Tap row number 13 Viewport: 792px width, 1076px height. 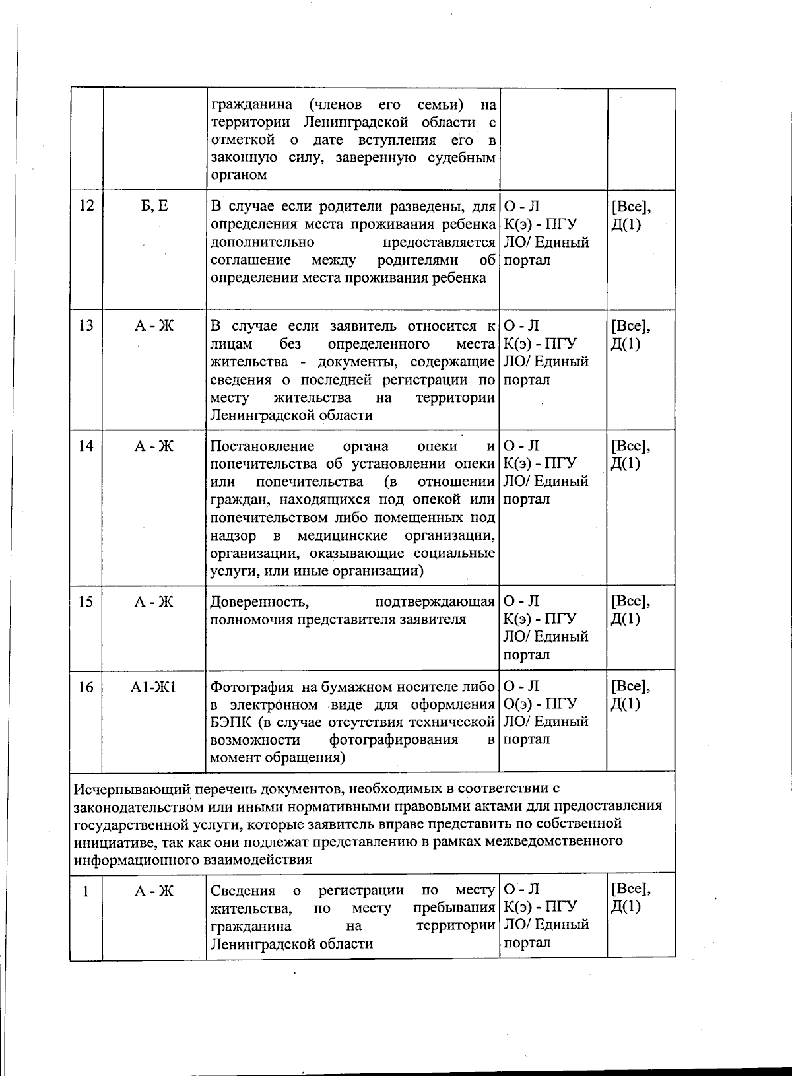click(x=86, y=327)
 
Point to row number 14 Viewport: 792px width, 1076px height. click(x=86, y=447)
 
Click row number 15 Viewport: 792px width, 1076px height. click(x=86, y=602)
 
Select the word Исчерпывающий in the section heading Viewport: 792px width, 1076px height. click(x=131, y=789)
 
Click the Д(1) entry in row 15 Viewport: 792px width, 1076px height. click(x=626, y=620)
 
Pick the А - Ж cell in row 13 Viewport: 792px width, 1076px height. click(x=154, y=327)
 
